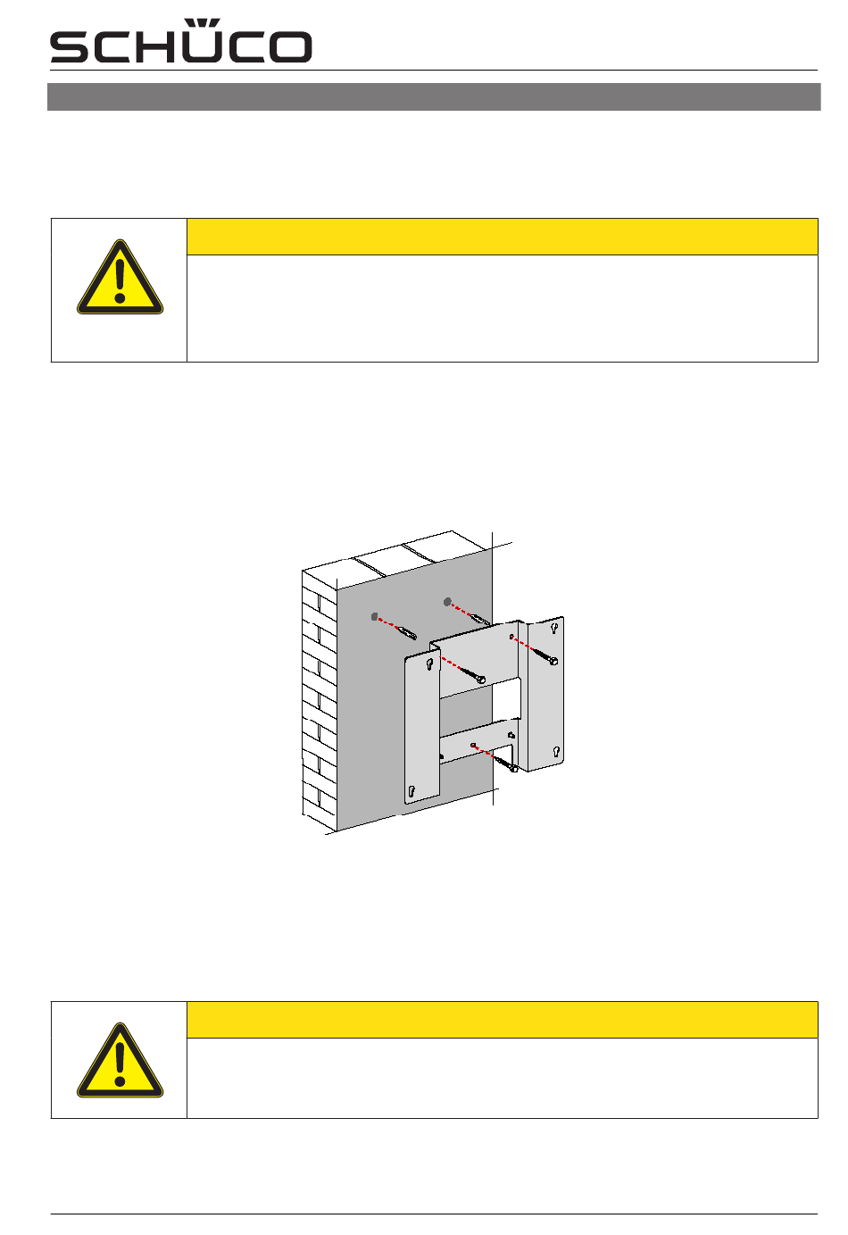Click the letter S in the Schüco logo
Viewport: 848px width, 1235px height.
point(69,46)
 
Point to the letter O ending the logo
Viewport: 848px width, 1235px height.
point(292,46)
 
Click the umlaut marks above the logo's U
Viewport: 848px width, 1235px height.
point(202,23)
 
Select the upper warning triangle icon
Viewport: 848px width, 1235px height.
point(120,278)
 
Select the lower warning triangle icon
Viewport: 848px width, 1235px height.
point(120,1060)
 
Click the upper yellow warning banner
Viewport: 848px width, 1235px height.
point(502,237)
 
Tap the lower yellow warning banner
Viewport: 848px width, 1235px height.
point(502,1020)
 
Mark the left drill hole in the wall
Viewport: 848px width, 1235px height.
point(375,617)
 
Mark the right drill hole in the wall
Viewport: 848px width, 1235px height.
point(447,602)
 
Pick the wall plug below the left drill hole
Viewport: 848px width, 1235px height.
point(407,633)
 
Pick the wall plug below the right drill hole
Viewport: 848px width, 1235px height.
point(479,619)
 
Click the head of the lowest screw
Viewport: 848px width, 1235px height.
point(513,767)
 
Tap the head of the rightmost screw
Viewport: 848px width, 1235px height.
point(553,661)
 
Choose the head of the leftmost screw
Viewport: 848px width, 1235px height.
point(481,680)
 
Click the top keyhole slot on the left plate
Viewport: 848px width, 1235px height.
point(429,665)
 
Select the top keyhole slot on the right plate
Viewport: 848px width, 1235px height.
point(554,628)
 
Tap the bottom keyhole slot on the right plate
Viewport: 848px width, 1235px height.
point(555,752)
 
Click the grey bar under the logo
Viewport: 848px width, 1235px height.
point(434,97)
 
